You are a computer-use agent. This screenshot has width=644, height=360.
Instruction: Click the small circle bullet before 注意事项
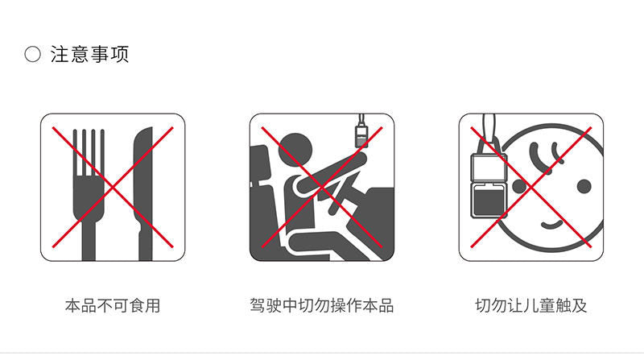[x=32, y=56]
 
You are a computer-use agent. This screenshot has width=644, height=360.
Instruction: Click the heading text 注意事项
[x=89, y=55]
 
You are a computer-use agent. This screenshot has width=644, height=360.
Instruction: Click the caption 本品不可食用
[x=113, y=306]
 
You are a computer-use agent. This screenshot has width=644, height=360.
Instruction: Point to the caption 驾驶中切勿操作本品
[x=322, y=306]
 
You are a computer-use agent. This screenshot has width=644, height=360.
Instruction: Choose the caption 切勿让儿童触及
[x=531, y=306]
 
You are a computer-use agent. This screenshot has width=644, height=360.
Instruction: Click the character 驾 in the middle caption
[x=258, y=306]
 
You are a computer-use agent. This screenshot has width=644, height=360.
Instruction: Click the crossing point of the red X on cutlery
[x=113, y=187]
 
